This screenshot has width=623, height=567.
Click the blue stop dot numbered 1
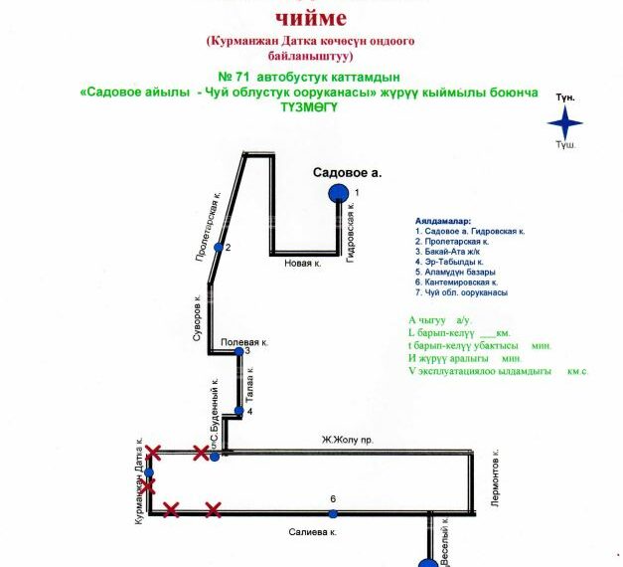point(339,193)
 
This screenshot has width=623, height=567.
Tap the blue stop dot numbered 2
point(219,247)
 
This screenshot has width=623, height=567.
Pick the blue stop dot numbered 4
point(238,411)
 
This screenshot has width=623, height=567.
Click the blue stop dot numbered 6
point(333,513)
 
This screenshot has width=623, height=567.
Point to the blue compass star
point(567,123)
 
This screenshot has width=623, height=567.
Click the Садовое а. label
point(348,172)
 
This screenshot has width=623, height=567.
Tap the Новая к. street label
point(303,264)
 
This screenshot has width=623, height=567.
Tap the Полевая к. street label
point(240,341)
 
